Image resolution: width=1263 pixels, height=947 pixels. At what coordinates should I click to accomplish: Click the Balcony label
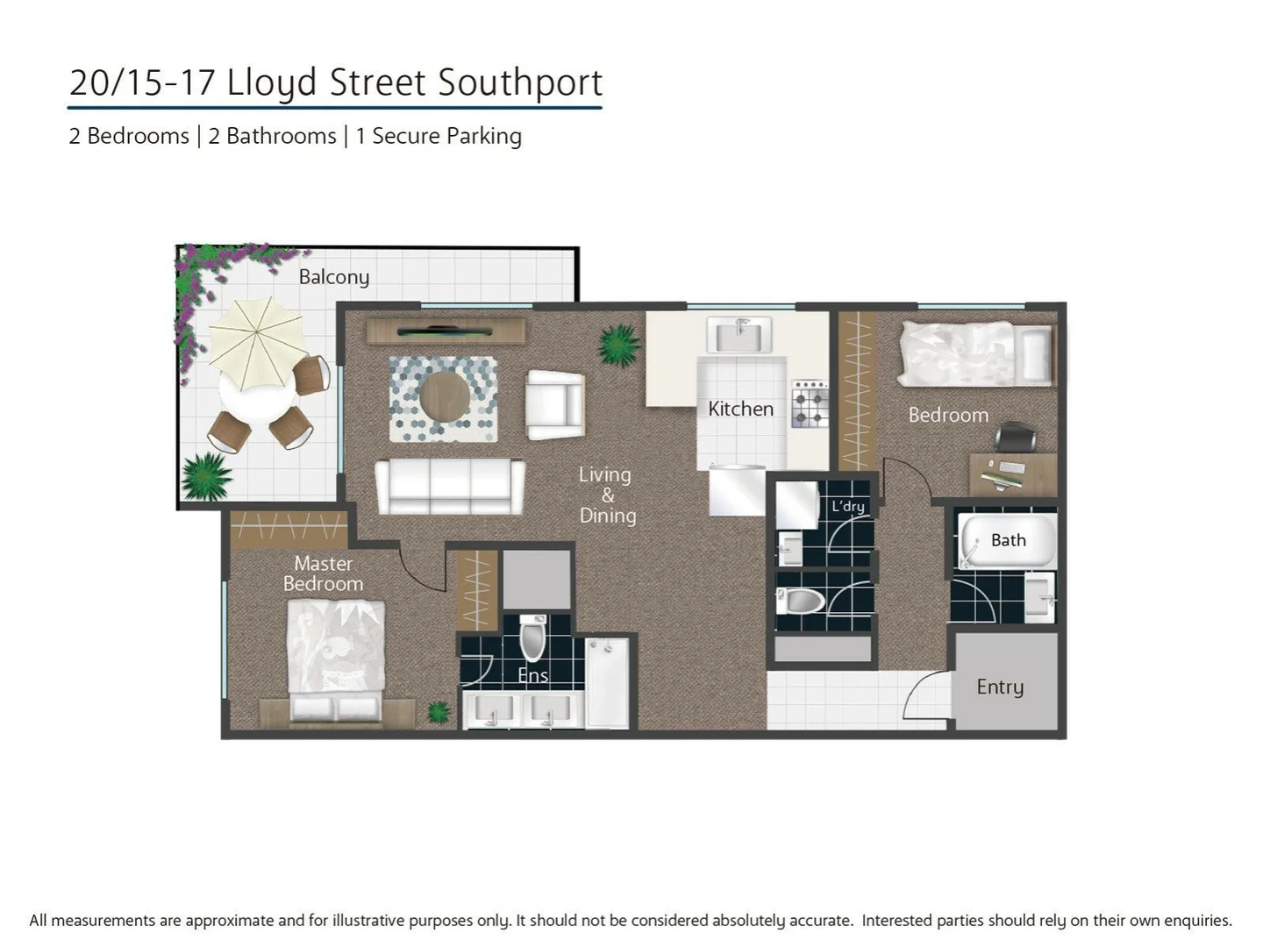333,277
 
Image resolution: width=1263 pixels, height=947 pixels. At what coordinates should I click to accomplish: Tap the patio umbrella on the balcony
257,343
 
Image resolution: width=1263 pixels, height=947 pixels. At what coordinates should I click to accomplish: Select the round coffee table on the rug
444,397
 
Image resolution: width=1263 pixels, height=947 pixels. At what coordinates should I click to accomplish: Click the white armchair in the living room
554,404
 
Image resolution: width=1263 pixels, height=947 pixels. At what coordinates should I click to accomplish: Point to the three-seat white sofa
450,486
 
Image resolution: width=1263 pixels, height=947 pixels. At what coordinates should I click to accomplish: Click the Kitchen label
740,409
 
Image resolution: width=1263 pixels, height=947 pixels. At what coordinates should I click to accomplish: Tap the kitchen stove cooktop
809,403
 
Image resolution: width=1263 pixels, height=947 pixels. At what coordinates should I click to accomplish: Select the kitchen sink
740,335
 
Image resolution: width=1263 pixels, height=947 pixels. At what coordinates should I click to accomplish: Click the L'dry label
847,506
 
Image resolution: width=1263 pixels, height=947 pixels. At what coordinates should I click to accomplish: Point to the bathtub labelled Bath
1007,541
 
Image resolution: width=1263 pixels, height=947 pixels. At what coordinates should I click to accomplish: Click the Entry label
1000,687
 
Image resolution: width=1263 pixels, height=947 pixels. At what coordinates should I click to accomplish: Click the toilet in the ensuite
532,637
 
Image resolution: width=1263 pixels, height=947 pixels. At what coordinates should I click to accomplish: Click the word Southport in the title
520,82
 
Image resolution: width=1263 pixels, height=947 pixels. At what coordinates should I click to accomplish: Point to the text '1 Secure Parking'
439,136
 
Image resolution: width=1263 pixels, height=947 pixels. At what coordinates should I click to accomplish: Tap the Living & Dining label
607,495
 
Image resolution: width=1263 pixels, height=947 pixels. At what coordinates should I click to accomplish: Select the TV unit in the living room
446,331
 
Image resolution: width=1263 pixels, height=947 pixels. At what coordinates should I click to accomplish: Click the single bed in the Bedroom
974,353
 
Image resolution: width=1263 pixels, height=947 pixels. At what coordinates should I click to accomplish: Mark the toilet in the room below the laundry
802,601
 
